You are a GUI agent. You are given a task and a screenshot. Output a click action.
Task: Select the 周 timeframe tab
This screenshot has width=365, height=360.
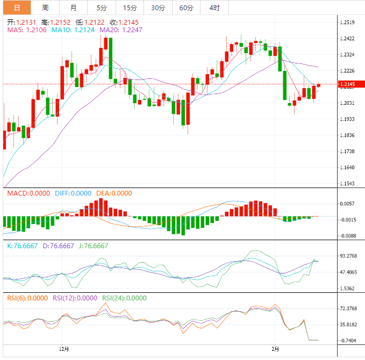click(x=45, y=8)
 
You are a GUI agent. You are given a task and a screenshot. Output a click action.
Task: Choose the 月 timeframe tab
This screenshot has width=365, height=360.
click(x=73, y=8)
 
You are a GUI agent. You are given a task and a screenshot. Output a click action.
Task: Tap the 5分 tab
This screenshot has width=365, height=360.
click(x=101, y=8)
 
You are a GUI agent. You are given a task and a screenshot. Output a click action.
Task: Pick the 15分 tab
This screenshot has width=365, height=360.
click(x=130, y=8)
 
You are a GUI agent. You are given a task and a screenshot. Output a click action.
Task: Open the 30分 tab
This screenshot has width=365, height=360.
click(x=158, y=8)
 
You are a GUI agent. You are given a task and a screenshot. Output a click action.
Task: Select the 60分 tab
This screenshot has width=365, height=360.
click(x=186, y=8)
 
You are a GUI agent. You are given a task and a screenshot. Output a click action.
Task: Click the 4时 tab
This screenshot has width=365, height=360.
click(x=214, y=8)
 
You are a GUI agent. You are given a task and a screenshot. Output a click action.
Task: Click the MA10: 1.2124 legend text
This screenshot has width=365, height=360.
click(x=73, y=30)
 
